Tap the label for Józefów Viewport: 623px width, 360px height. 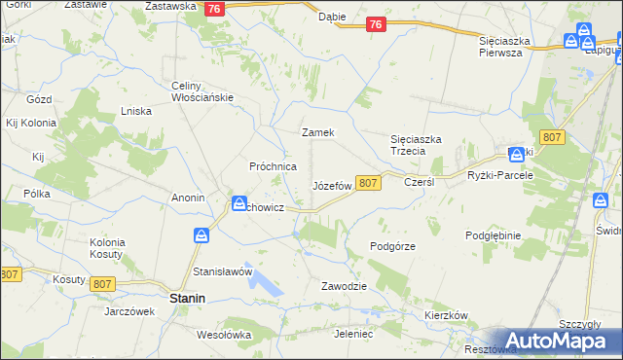tap(331, 185)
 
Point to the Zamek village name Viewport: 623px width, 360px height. tap(318, 132)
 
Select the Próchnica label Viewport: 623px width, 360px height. tap(274, 166)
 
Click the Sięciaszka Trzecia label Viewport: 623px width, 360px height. tap(416, 145)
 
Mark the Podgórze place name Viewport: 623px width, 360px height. tap(393, 246)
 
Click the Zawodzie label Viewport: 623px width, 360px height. tap(344, 286)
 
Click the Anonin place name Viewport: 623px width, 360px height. tap(188, 198)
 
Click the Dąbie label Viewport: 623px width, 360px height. tap(332, 17)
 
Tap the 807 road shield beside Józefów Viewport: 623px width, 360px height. tap(367, 183)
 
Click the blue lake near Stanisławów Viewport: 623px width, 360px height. tap(264, 282)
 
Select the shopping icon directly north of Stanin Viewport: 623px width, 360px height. tap(202, 235)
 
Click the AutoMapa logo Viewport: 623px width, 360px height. tap(556, 341)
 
